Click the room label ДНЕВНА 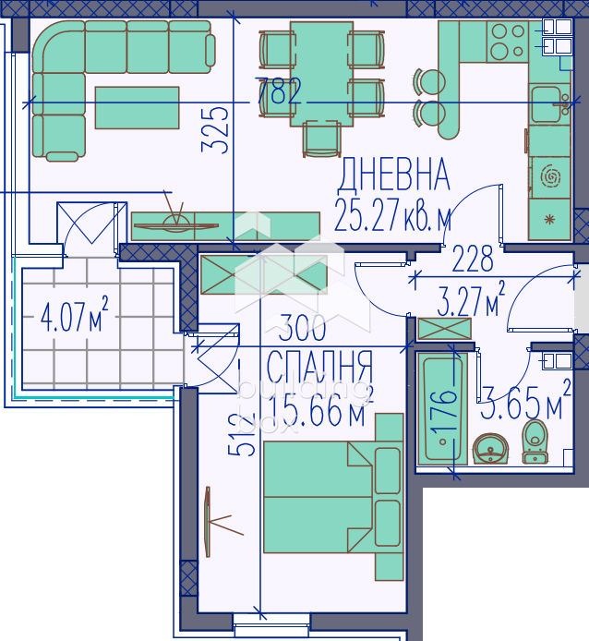[394, 174]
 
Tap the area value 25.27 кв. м [394, 219]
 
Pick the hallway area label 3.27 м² [470, 301]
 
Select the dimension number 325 [215, 133]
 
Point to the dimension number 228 [474, 260]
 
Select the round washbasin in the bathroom [489, 451]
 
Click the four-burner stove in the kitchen [506, 41]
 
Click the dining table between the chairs [320, 74]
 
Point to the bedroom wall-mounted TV [209, 521]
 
